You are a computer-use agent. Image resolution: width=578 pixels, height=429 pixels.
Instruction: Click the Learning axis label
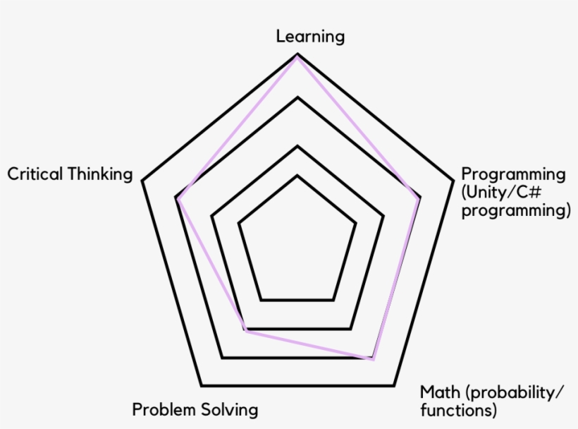tap(310, 37)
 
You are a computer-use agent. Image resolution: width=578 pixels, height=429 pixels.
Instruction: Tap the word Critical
tap(35, 174)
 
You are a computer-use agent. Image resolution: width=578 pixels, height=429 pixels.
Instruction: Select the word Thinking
tap(100, 174)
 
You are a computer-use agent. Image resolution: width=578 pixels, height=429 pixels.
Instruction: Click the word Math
tap(440, 392)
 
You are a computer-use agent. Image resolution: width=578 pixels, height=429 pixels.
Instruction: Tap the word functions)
tap(459, 410)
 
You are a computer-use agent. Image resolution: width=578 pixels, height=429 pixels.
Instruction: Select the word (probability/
tap(515, 393)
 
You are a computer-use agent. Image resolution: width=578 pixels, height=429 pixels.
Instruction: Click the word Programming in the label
tap(513, 174)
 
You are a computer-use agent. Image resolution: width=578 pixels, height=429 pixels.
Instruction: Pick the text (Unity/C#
tap(501, 192)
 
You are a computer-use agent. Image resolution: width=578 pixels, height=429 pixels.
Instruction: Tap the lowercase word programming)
tap(516, 211)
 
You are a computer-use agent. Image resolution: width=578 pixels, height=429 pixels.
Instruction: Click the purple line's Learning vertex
tap(297, 58)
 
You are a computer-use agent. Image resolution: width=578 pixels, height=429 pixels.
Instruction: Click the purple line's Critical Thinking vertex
tap(178, 200)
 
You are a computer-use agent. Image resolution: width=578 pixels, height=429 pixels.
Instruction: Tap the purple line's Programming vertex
tap(419, 200)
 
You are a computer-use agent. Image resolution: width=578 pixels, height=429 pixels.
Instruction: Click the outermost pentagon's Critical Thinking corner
tap(142, 181)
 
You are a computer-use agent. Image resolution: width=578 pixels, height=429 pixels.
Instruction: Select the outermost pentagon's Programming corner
tap(453, 181)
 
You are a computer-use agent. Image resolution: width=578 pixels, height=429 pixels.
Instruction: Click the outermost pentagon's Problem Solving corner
tap(202, 385)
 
